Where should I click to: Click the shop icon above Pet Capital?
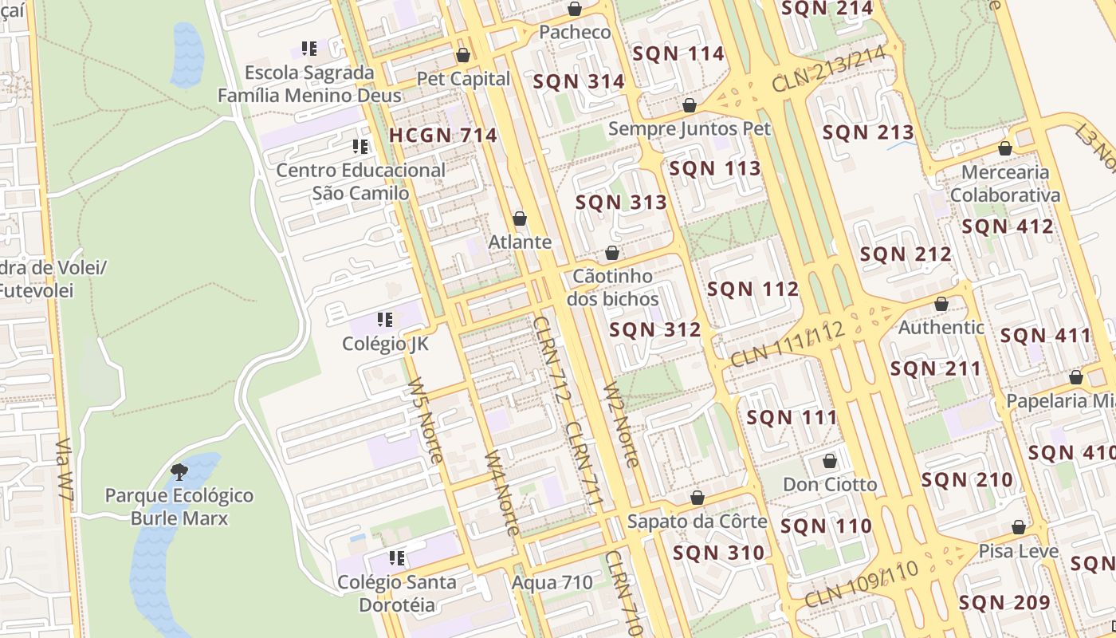(463, 55)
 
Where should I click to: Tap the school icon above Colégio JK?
(385, 320)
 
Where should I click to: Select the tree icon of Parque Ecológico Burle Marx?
(179, 471)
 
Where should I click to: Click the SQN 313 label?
(621, 203)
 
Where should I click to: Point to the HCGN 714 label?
(443, 136)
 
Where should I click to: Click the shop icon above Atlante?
(520, 219)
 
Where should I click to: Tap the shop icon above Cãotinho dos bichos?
(612, 253)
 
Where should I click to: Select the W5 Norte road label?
(425, 420)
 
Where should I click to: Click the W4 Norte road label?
(503, 494)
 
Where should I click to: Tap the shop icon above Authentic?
(941, 304)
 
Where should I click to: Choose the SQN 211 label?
(935, 369)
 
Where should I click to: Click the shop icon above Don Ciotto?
(830, 461)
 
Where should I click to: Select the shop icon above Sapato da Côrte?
(697, 498)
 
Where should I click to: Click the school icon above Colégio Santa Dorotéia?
(396, 558)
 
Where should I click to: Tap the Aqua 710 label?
(552, 582)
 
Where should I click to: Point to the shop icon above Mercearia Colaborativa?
(1005, 148)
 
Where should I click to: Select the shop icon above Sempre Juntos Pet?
(690, 105)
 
